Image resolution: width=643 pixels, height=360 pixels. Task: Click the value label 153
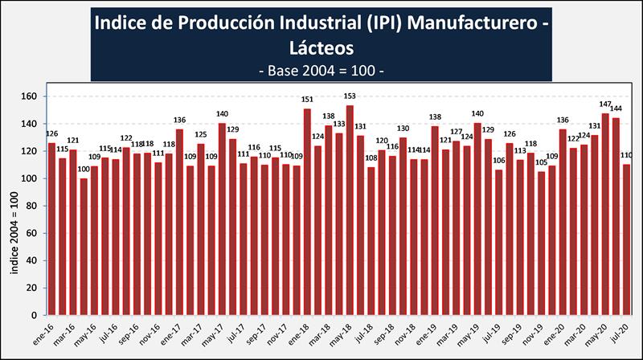[350, 96]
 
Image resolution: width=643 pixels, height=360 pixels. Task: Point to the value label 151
[307, 100]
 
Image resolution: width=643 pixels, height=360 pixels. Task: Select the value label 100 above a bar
[84, 170]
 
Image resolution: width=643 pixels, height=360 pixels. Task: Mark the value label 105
[541, 162]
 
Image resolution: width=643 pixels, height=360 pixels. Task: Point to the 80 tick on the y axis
[33, 206]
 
